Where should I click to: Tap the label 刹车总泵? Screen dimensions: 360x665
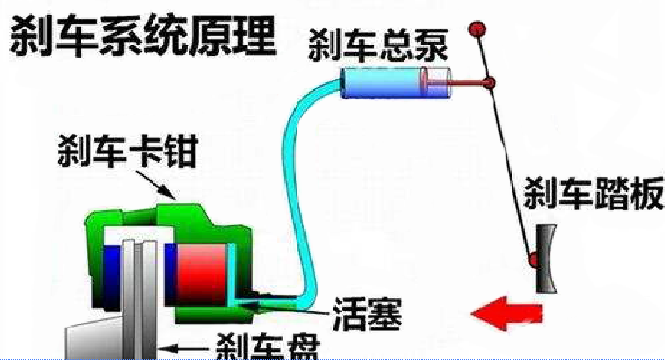pyautogui.click(x=378, y=45)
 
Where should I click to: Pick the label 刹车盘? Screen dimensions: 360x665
pyautogui.click(x=262, y=345)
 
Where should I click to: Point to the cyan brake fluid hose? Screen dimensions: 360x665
pyautogui.click(x=301, y=189)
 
